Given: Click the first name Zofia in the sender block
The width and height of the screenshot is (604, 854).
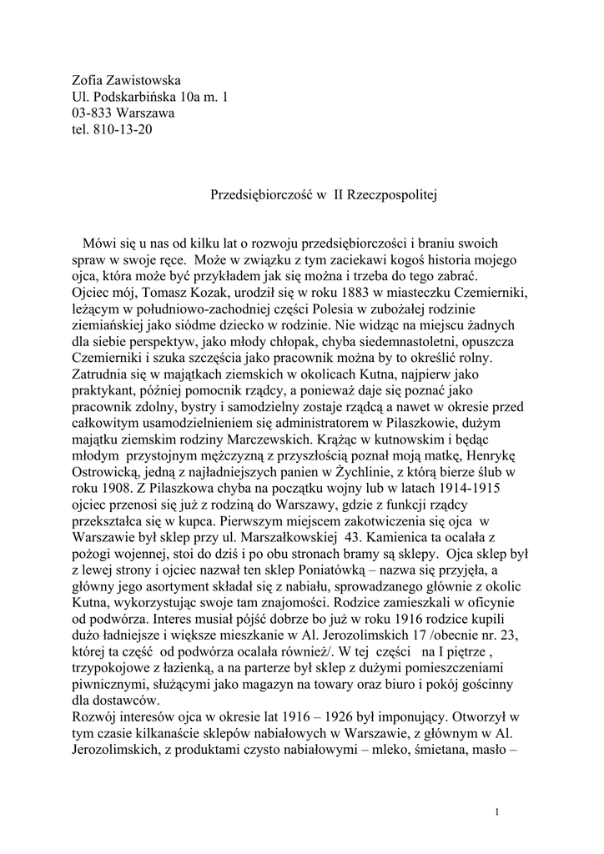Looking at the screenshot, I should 89,81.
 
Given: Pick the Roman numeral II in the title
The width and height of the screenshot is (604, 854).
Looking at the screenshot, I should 340,194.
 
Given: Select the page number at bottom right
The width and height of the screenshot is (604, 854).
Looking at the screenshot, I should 496,811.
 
